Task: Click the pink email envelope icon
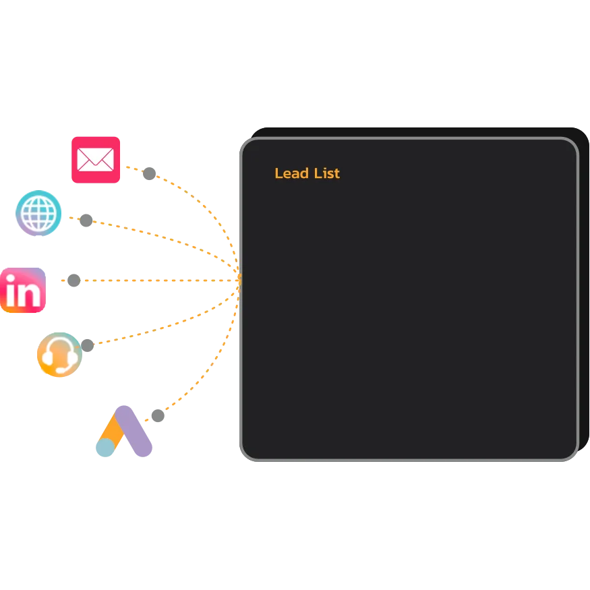(x=96, y=159)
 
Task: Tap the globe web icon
(x=39, y=213)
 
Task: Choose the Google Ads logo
(x=124, y=432)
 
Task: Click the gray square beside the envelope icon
(x=148, y=175)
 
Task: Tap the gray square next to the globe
(x=86, y=220)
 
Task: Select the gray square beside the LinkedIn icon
(x=74, y=280)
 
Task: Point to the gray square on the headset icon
(x=86, y=344)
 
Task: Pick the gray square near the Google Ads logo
(x=158, y=415)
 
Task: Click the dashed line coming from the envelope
(x=202, y=202)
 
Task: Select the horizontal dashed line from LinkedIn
(x=155, y=280)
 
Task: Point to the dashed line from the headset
(x=169, y=324)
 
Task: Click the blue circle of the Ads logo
(x=105, y=448)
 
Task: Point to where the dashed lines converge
(x=238, y=273)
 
